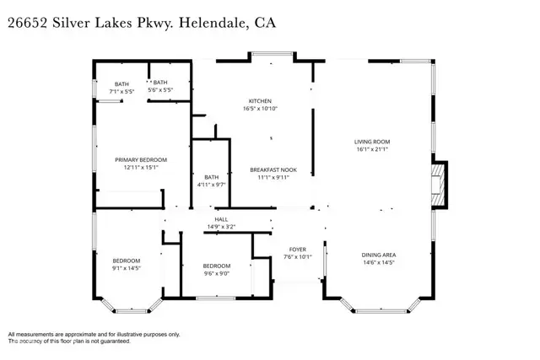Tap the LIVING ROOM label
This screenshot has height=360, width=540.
point(371,142)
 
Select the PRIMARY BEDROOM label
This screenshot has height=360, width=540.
point(141,159)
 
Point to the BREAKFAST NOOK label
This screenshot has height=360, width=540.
point(273,169)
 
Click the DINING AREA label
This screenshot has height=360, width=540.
point(379,255)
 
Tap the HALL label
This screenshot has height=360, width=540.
point(221,219)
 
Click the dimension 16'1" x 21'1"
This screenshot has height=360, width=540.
point(371,150)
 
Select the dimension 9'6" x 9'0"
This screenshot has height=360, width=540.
point(216,272)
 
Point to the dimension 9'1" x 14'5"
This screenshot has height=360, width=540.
point(127,268)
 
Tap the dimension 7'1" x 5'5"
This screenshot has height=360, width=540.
point(122,90)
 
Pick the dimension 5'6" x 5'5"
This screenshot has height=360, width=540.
point(160,90)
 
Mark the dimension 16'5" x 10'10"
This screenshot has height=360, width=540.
point(261,109)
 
